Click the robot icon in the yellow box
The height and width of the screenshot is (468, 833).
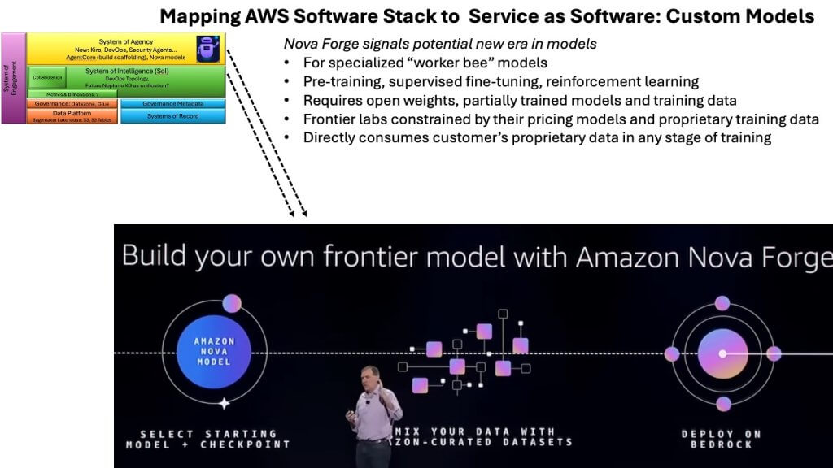pos(209,50)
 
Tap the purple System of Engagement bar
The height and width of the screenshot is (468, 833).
pos(13,78)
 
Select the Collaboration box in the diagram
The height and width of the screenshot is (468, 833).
pos(47,77)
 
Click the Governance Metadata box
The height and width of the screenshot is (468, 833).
pos(172,103)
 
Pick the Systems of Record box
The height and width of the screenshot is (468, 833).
pos(172,116)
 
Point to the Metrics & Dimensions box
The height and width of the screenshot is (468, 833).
pos(72,93)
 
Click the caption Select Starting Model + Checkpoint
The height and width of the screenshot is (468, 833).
pos(207,439)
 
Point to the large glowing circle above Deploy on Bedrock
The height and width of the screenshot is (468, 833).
pos(722,354)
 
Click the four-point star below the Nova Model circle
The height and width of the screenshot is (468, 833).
pos(224,403)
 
